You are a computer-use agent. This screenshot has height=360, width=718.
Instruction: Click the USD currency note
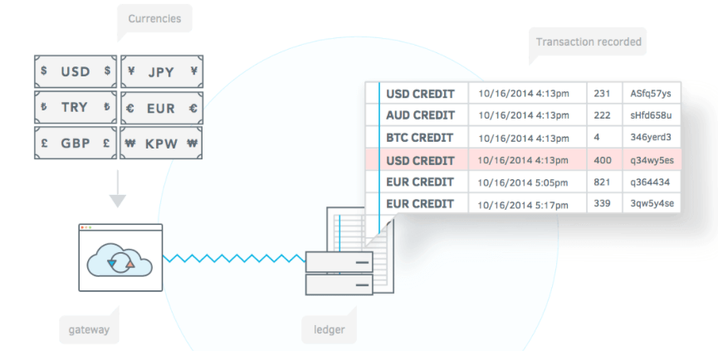tap(76, 71)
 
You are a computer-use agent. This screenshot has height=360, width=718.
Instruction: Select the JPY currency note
tap(161, 71)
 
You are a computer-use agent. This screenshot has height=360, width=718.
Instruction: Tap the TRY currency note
tap(76, 107)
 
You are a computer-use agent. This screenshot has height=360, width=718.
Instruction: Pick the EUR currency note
tap(161, 107)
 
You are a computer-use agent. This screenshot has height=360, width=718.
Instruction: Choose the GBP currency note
tap(76, 143)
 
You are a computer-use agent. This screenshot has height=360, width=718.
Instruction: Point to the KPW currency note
tap(161, 143)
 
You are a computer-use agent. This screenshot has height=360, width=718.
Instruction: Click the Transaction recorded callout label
tap(588, 42)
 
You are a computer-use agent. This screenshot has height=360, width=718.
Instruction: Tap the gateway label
tap(88, 330)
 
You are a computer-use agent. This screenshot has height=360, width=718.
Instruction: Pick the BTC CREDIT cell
tap(420, 138)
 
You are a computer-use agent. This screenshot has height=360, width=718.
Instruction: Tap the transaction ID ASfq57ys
tap(650, 94)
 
